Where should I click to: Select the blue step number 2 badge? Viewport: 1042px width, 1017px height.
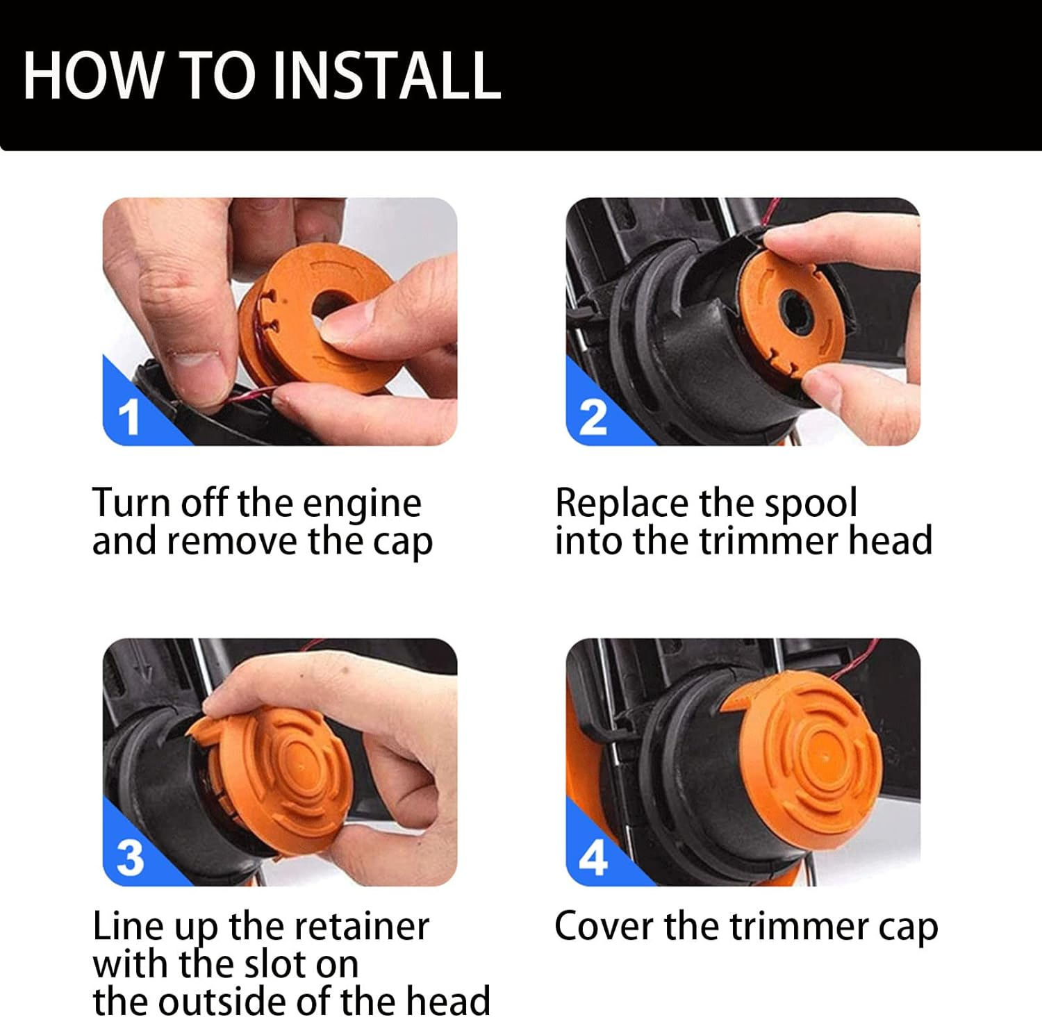[x=593, y=417]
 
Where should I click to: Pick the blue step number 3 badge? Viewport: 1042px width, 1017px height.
[x=130, y=858]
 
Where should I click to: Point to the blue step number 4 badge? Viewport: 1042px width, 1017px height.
[x=593, y=859]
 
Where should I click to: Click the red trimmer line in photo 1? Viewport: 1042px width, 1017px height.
[x=250, y=397]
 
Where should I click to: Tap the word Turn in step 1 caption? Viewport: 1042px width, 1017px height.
[x=131, y=503]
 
